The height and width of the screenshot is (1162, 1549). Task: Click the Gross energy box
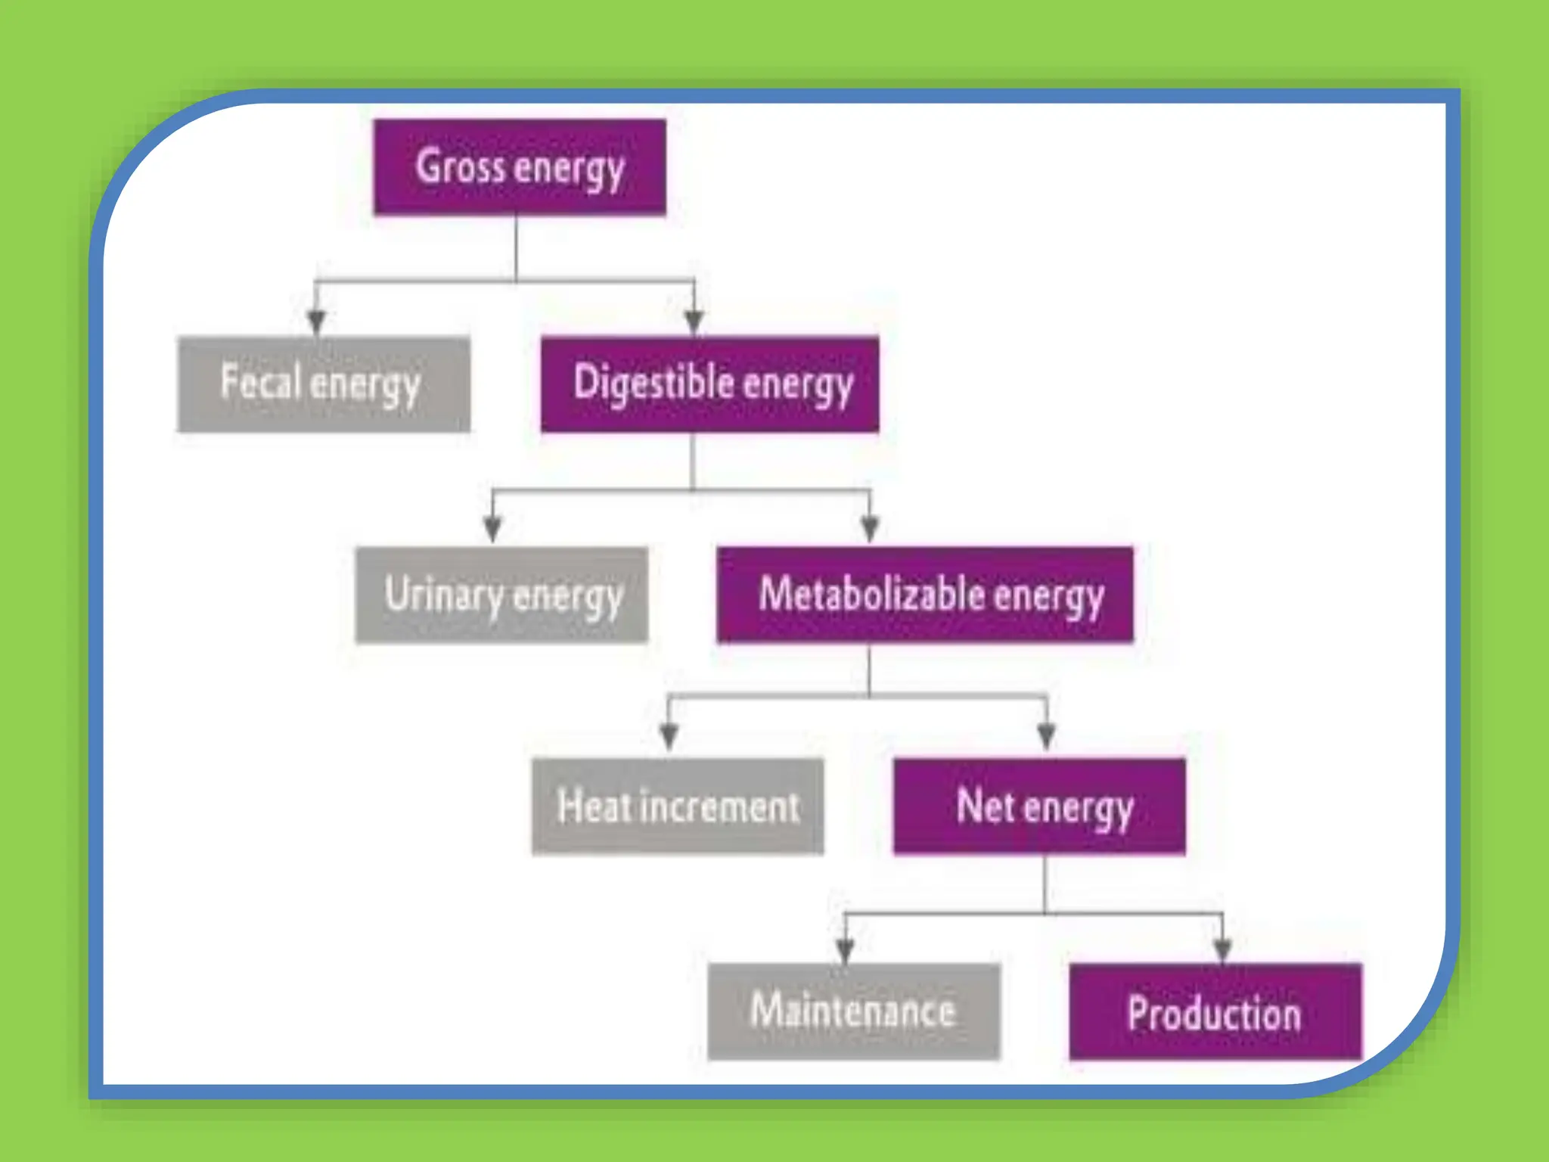click(520, 167)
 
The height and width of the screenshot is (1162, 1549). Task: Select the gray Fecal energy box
click(324, 384)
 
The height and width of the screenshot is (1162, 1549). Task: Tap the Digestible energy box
click(709, 384)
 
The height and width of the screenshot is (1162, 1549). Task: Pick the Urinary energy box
click(501, 595)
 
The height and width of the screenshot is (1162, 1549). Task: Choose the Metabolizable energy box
click(924, 595)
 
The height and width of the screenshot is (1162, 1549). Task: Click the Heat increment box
click(678, 806)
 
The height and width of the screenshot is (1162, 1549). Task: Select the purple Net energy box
click(1038, 806)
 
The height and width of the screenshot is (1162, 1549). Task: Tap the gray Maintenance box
click(853, 1011)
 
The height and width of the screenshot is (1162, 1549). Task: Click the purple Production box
click(1215, 1012)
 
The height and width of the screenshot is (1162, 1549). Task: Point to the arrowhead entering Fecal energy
click(317, 322)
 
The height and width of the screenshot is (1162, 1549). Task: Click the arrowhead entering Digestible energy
click(694, 322)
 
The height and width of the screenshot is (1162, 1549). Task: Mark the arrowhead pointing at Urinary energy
click(492, 529)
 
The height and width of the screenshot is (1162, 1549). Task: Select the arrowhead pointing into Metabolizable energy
click(870, 529)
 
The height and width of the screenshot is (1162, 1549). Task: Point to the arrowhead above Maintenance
click(845, 949)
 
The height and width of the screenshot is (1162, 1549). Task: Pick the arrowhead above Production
click(1222, 949)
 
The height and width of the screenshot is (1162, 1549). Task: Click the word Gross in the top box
click(460, 167)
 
